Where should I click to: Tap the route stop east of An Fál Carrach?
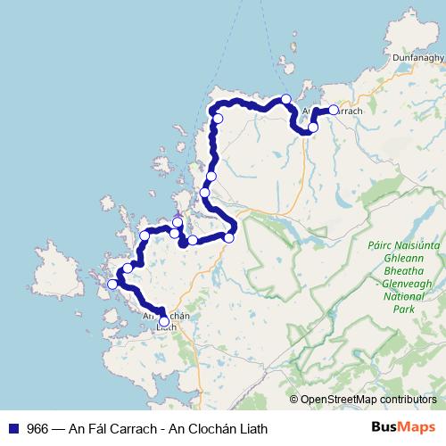(x=334, y=110)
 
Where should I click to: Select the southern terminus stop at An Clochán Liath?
(x=164, y=322)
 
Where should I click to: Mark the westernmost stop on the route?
(x=112, y=285)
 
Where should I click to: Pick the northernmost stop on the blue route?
(x=286, y=99)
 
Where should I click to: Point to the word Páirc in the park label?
(x=381, y=243)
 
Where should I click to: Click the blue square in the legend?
(x=12, y=428)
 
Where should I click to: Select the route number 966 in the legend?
(x=37, y=428)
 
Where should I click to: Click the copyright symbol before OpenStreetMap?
(x=293, y=400)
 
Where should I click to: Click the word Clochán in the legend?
(x=207, y=428)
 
